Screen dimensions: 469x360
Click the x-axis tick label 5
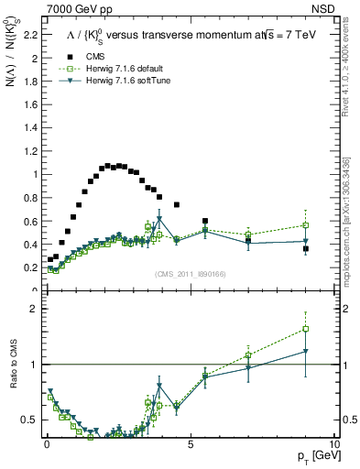point(190,444)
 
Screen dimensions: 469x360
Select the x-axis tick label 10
point(333,444)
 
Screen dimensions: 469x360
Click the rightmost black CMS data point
point(306,248)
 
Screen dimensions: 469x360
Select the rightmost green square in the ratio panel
point(306,329)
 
